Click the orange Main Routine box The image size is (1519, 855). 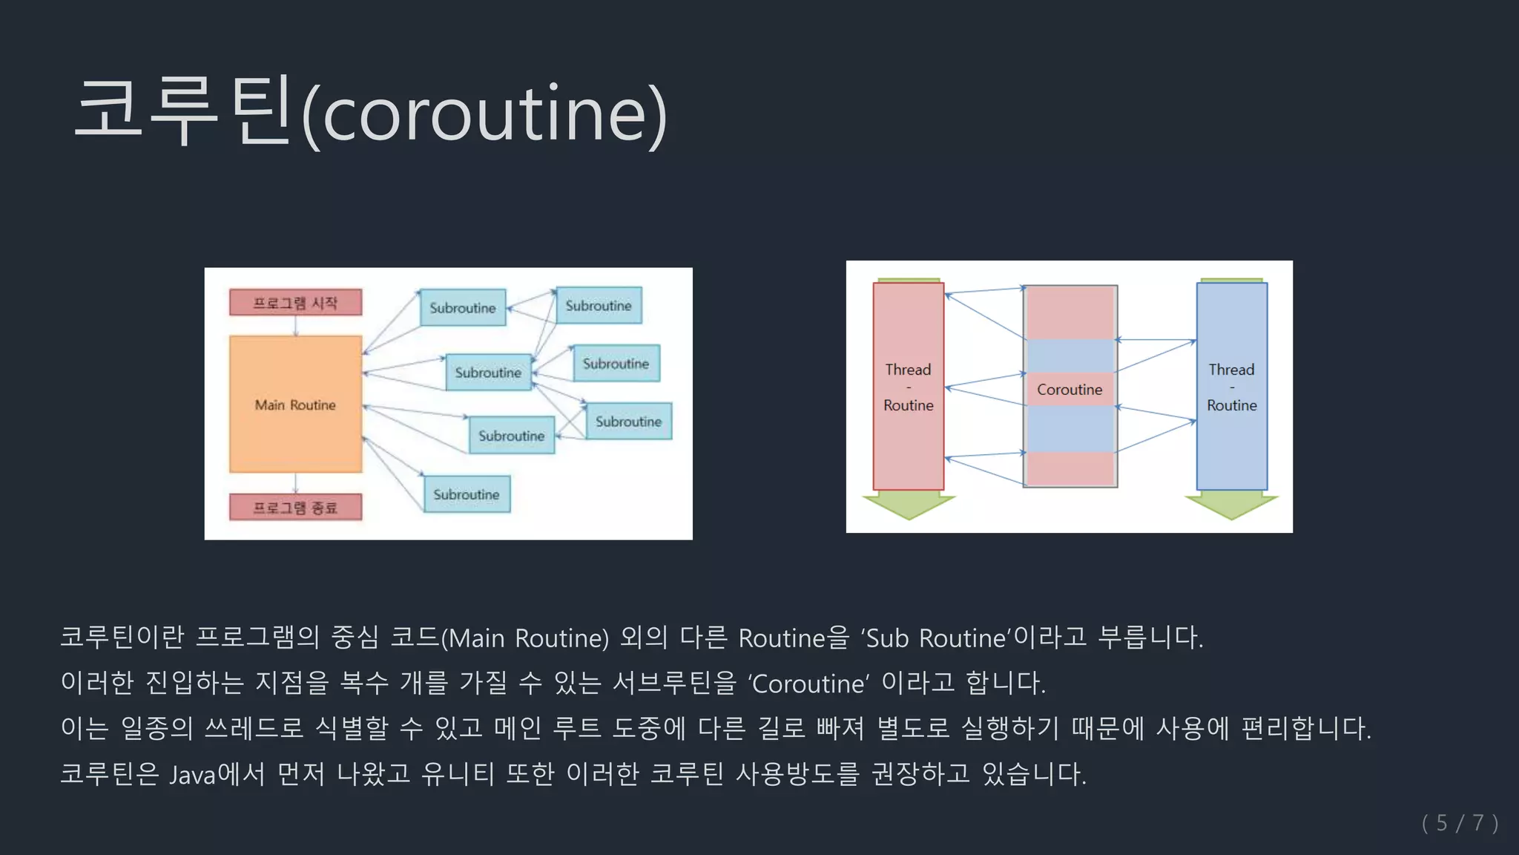click(x=295, y=404)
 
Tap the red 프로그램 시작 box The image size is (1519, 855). click(x=295, y=303)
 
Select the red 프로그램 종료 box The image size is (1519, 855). click(x=295, y=508)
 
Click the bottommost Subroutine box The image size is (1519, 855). click(x=467, y=494)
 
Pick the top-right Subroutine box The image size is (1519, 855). click(x=599, y=306)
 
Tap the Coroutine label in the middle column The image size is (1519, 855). click(x=1070, y=390)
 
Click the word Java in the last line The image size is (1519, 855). click(x=192, y=775)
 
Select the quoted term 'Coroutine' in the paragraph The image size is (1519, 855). click(x=808, y=684)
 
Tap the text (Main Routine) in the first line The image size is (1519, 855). click(x=525, y=638)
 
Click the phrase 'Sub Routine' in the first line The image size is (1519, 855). click(x=936, y=638)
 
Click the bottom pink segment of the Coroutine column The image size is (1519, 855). click(x=1070, y=468)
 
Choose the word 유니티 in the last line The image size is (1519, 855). click(x=458, y=774)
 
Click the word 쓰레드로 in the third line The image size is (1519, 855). click(x=254, y=728)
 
